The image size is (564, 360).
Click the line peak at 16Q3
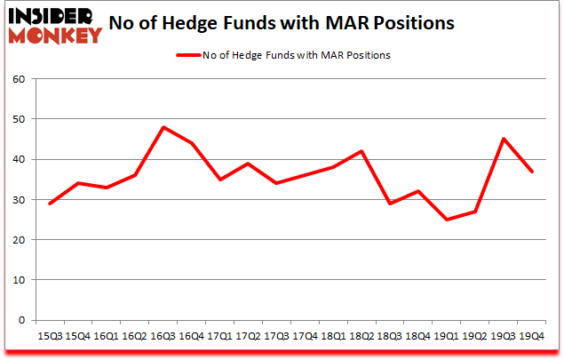163,127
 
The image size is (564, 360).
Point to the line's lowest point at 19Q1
448,220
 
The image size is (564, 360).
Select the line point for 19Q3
504,139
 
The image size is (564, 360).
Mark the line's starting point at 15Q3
51,204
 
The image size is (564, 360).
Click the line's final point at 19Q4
532,172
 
